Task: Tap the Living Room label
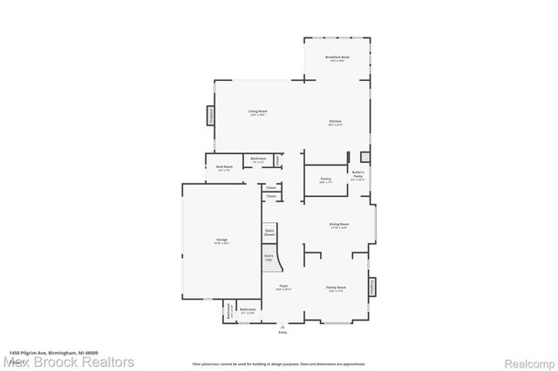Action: click(257, 111)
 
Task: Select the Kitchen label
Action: click(336, 121)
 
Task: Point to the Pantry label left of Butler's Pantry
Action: click(325, 179)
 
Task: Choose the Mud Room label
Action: click(224, 167)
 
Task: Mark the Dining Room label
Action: click(339, 225)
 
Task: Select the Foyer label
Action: click(284, 287)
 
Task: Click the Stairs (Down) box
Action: click(269, 233)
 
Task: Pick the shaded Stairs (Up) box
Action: click(269, 259)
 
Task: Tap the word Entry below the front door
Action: click(282, 332)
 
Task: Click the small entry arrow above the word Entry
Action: click(282, 326)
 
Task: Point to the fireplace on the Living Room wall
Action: click(210, 117)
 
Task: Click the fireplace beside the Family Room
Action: click(373, 287)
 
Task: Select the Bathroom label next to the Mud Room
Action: click(258, 160)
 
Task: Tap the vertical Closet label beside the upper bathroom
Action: click(278, 160)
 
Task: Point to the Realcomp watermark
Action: click(527, 361)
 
